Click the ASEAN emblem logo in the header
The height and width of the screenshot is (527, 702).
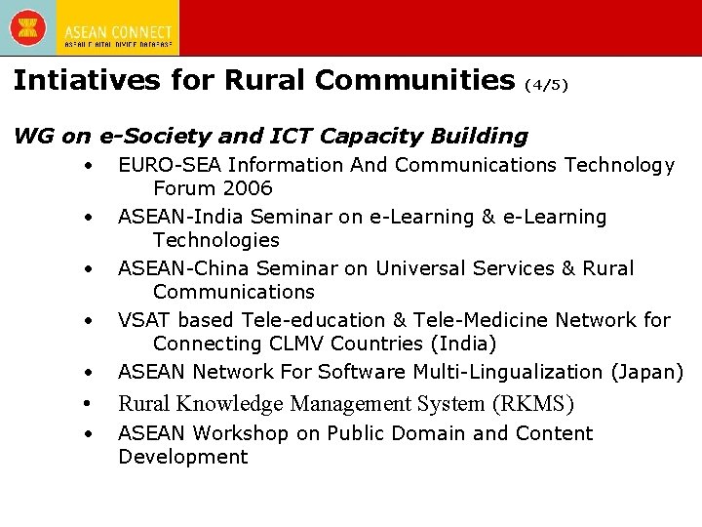28,27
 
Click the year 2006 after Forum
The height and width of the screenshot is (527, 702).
247,188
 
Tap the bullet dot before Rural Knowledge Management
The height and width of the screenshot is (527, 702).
89,404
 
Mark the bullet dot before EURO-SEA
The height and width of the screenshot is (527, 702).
89,165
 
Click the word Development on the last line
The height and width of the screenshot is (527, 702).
183,458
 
